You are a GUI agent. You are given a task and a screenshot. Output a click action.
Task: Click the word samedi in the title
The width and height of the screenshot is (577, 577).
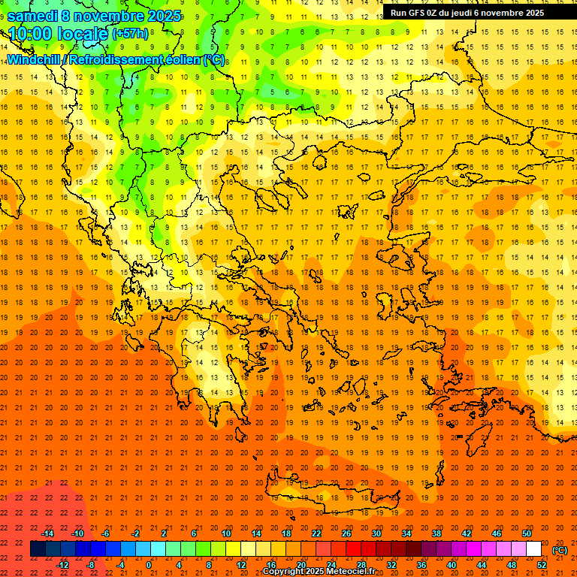(x=34, y=16)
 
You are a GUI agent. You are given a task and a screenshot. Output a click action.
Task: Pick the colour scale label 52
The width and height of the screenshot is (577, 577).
(x=542, y=564)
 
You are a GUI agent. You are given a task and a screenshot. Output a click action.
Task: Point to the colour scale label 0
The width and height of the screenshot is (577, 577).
(x=148, y=564)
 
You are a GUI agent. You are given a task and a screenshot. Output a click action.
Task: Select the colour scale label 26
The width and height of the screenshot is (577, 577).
(x=346, y=533)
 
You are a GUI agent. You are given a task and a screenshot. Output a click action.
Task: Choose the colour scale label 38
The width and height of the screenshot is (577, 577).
(x=437, y=533)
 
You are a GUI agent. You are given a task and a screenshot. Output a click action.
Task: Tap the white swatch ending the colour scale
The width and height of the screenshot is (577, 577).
(x=533, y=548)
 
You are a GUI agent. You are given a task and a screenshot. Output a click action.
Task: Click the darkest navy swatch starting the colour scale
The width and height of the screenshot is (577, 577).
(x=38, y=548)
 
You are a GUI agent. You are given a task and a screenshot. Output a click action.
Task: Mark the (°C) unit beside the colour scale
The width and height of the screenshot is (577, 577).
(x=560, y=550)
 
